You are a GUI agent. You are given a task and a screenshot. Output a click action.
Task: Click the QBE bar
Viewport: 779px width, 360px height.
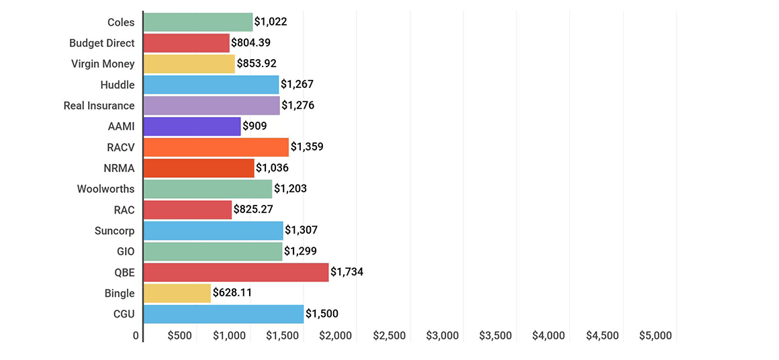[236, 272]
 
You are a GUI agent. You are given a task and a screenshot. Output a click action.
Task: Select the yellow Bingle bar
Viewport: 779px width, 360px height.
[177, 293]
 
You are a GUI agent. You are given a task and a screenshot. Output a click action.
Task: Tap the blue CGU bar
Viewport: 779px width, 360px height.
[224, 314]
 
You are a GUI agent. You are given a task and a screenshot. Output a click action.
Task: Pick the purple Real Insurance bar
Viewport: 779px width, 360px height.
[212, 105]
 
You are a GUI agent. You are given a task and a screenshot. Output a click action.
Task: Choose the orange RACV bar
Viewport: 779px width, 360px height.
[216, 147]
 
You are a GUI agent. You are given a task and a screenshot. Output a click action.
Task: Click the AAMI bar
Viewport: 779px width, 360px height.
[192, 126]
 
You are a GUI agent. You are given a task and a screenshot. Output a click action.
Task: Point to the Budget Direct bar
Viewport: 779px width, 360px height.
[187, 43]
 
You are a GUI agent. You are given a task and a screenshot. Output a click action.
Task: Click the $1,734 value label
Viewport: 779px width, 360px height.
[347, 272]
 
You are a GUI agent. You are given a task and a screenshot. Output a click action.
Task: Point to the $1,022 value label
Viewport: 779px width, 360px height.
[271, 22]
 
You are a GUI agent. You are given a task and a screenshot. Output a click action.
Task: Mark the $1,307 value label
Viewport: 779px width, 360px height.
[301, 230]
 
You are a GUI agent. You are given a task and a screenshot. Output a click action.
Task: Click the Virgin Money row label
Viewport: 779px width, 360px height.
[103, 64]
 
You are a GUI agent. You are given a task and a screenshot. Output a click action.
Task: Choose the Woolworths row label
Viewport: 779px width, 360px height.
[105, 189]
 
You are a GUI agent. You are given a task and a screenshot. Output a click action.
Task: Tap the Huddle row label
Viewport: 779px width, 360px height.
[118, 85]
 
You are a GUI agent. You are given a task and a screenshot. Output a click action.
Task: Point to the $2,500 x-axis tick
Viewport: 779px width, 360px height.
[389, 336]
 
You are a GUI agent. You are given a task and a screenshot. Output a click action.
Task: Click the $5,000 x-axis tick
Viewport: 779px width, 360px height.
[655, 336]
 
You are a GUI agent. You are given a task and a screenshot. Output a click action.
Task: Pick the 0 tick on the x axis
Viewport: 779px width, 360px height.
[136, 336]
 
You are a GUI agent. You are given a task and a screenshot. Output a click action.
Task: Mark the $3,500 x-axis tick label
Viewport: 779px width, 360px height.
[496, 336]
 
